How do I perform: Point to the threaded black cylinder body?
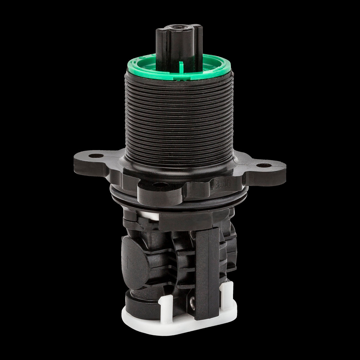179,119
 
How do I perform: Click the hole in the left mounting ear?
96,155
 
